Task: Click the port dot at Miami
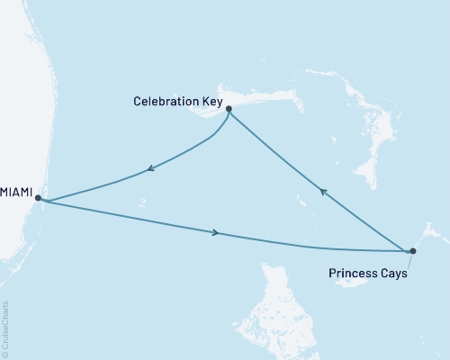[x=38, y=198]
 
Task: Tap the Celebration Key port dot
[x=229, y=109]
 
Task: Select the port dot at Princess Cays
[x=412, y=251]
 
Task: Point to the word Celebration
[x=163, y=102]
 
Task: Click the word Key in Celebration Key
[x=211, y=102]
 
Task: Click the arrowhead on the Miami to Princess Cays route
[x=215, y=232]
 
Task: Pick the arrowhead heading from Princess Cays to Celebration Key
[x=324, y=191]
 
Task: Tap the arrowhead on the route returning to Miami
[x=152, y=168]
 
